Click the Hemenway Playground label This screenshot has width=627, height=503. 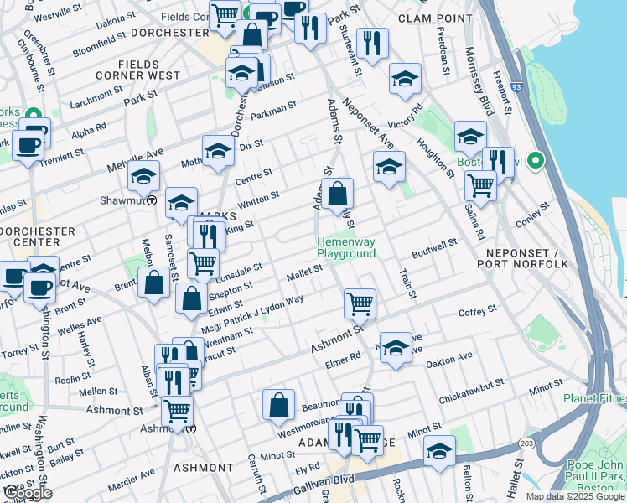(x=345, y=248)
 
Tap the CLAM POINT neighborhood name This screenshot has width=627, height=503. (x=432, y=18)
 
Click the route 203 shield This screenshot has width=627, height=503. (x=526, y=442)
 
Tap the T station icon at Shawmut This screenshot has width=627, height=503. (x=152, y=200)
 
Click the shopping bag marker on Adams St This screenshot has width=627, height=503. (x=337, y=195)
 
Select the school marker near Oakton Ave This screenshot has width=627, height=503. (x=395, y=348)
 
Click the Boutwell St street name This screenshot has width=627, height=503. (x=434, y=249)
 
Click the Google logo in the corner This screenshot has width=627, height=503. (x=27, y=493)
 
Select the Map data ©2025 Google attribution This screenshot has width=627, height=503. (x=574, y=496)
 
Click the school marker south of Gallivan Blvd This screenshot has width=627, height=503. (x=438, y=453)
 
